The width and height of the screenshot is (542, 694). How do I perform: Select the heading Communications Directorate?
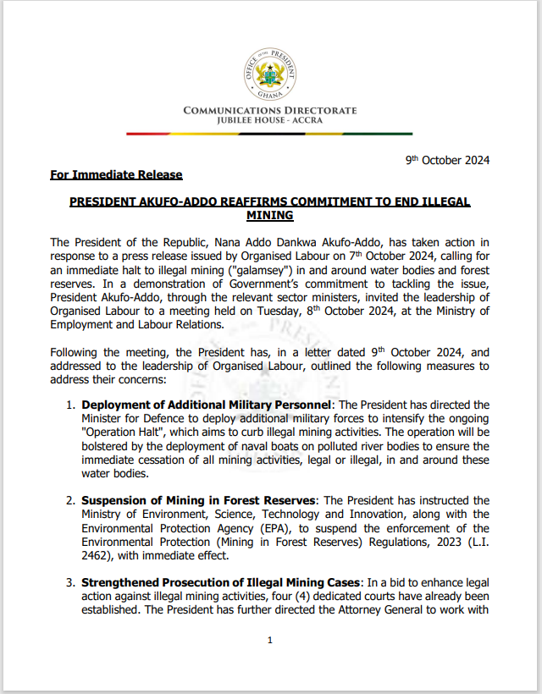point(269,111)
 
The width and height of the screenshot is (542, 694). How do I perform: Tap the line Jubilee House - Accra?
point(269,121)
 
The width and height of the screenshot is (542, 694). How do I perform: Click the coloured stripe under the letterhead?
point(269,133)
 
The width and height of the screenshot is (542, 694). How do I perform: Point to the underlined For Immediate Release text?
point(116,175)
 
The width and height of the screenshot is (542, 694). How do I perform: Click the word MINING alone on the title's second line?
point(269,216)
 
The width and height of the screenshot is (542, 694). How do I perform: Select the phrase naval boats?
point(276,445)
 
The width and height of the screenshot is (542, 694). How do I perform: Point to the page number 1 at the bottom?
point(269,640)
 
